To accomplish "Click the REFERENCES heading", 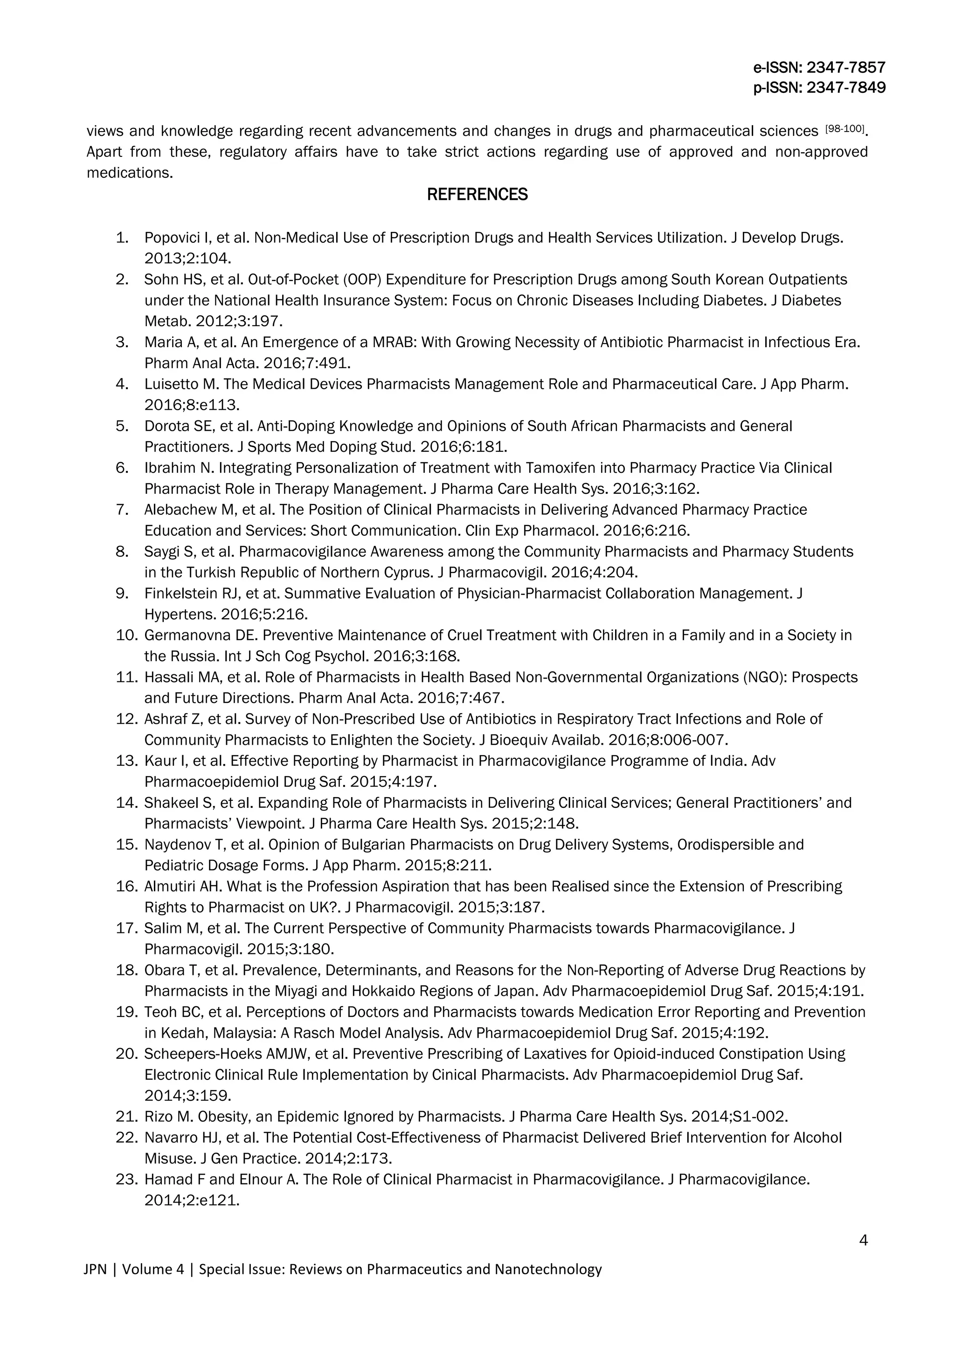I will click(x=477, y=195).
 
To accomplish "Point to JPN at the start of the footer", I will click(x=95, y=1269).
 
